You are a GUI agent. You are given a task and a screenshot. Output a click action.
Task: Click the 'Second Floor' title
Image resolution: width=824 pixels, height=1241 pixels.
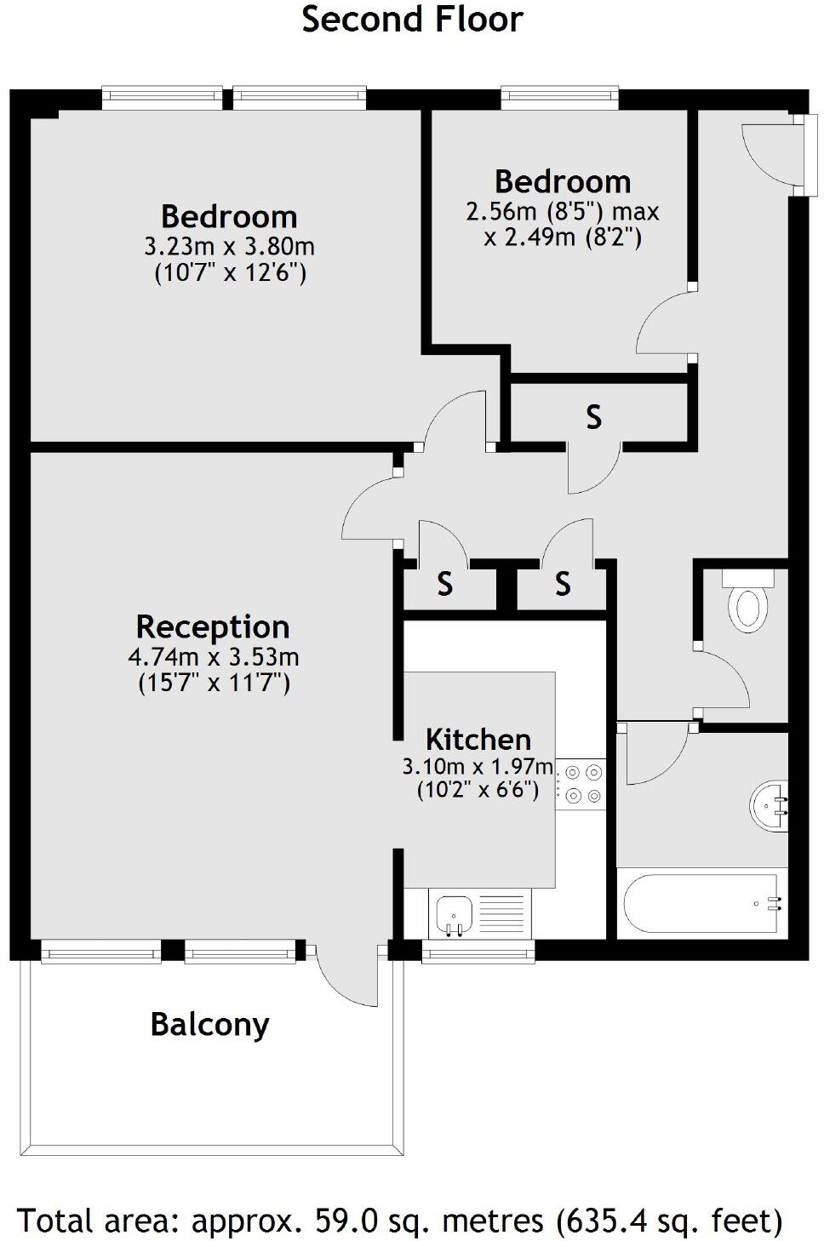(x=412, y=20)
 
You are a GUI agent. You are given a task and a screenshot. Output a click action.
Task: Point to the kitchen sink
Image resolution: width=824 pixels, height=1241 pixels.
(x=453, y=915)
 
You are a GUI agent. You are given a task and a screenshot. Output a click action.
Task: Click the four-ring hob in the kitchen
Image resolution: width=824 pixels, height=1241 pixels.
(x=581, y=784)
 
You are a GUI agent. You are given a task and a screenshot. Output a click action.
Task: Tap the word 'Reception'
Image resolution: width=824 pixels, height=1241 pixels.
(x=213, y=627)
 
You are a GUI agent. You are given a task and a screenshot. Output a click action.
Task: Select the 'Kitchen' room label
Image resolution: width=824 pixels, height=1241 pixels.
(x=478, y=739)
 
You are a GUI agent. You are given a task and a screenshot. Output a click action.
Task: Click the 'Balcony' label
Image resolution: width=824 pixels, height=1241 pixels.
(x=209, y=1024)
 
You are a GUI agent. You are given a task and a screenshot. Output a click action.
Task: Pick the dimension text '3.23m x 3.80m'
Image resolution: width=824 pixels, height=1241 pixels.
(x=229, y=247)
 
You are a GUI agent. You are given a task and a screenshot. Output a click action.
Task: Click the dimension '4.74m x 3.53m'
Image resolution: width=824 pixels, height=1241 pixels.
(x=213, y=657)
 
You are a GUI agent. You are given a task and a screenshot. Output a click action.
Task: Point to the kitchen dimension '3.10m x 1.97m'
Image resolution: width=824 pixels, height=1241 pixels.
(x=478, y=766)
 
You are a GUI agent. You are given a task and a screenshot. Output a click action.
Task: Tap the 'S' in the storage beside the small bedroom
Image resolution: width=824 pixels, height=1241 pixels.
(x=593, y=417)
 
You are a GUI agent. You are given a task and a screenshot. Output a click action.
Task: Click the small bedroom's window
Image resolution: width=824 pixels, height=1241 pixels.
(x=559, y=98)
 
